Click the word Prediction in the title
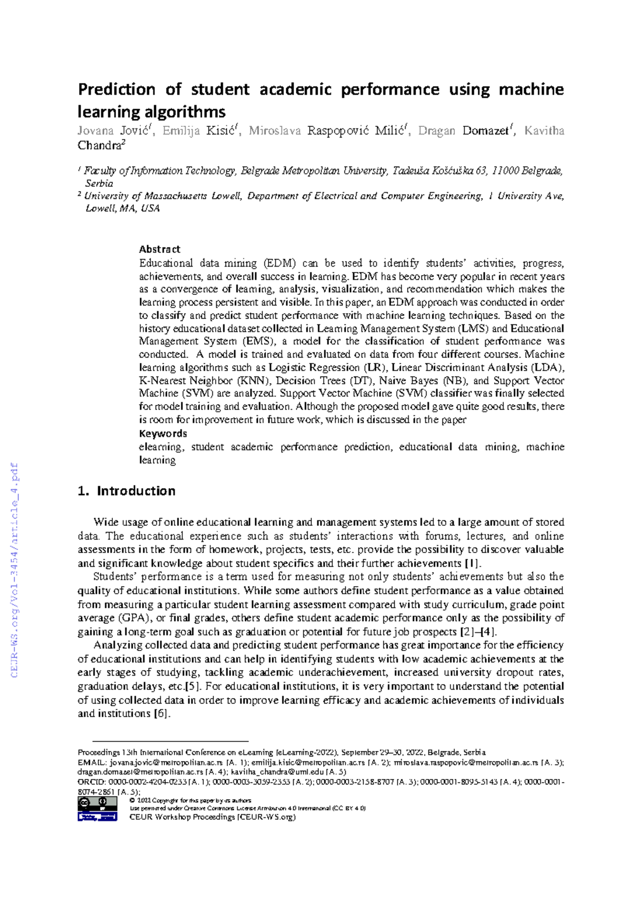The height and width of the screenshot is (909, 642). coord(117,89)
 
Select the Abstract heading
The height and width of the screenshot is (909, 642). coord(159,249)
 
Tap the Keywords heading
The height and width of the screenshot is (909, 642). coord(163,434)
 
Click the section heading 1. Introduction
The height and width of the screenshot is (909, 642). coord(127,491)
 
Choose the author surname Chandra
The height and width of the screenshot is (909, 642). coord(100,146)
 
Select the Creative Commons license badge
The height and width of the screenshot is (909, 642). coord(97,809)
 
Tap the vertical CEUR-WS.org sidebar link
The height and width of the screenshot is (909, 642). coord(14,570)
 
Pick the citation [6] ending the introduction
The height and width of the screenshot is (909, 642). coord(161,714)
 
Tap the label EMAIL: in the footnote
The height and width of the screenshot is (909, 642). coord(92,762)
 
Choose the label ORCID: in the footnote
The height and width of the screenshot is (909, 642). coord(92,782)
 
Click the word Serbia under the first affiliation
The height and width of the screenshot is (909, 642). coord(99,183)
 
